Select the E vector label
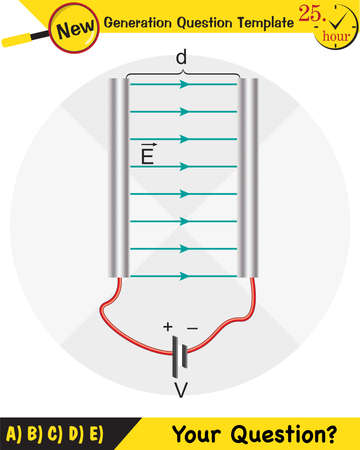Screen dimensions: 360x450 pos(148,154)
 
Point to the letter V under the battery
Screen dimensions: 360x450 pos(182,389)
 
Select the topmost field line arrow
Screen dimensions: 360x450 pos(183,85)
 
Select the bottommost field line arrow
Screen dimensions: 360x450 pos(183,275)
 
